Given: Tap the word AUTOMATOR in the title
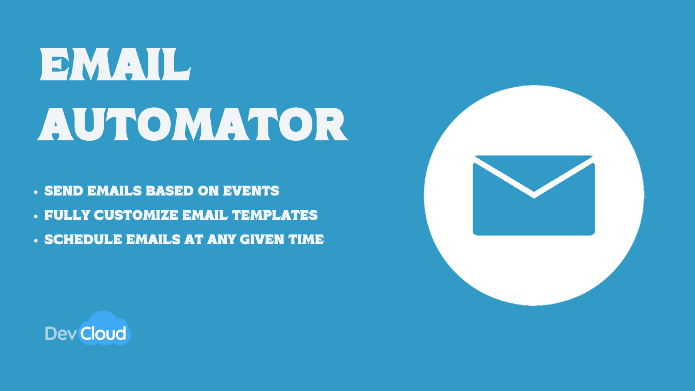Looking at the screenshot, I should click(x=192, y=125).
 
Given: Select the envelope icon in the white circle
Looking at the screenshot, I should click(x=534, y=195).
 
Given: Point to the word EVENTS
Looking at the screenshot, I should click(x=251, y=191).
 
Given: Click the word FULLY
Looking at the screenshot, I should click(x=67, y=215).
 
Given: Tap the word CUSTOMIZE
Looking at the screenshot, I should click(x=136, y=215).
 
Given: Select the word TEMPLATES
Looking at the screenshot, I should click(x=275, y=215).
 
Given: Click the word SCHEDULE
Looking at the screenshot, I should click(x=83, y=239).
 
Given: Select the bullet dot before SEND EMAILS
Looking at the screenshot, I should click(x=36, y=192).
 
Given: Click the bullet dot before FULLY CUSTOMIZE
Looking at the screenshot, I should click(x=36, y=216).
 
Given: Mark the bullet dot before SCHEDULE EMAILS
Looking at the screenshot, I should click(x=36, y=240).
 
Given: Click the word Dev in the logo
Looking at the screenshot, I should click(x=61, y=334).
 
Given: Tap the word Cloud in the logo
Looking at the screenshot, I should click(x=103, y=334).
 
